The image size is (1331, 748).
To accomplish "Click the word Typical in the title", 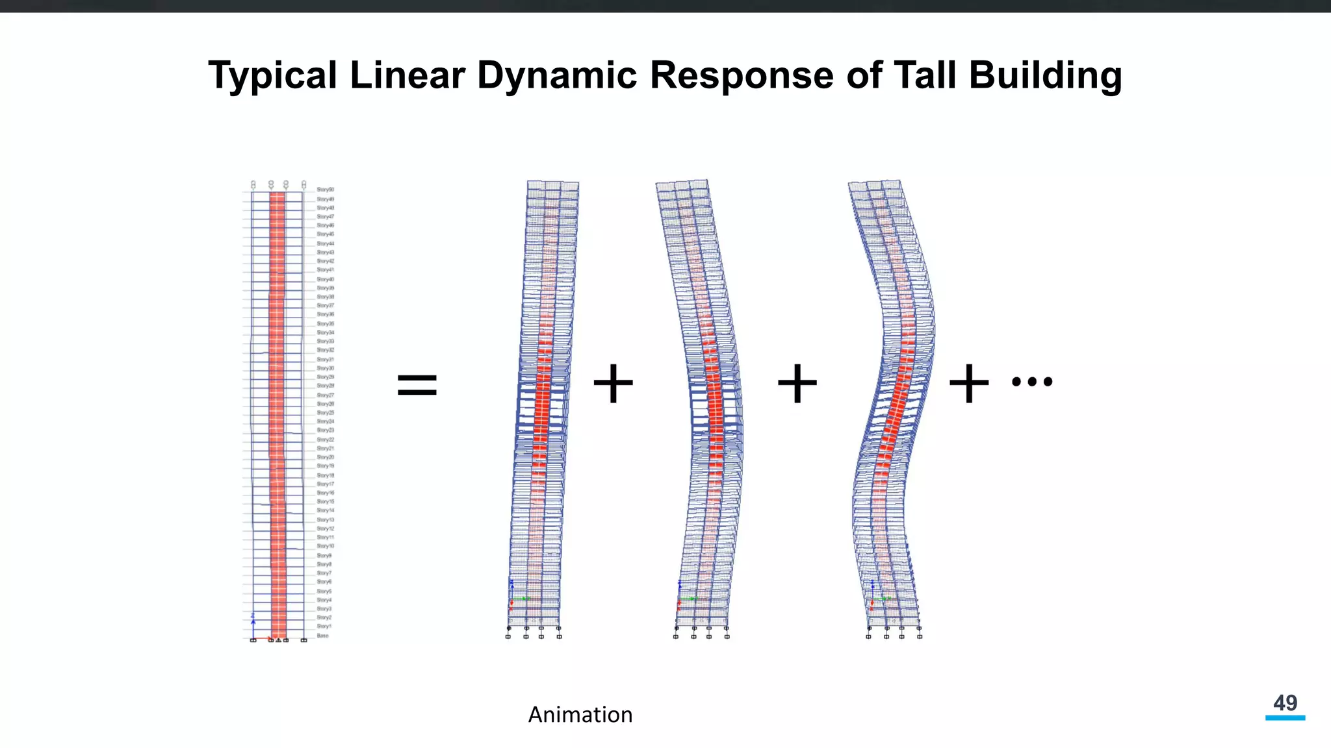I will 272,75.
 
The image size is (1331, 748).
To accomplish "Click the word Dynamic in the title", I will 557,75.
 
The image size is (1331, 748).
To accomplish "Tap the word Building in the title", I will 1045,75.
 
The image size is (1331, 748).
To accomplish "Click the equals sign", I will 417,384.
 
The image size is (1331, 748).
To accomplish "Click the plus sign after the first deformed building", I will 613,384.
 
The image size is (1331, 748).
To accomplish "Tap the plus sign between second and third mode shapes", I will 797,384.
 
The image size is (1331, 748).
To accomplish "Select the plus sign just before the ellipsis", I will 968,384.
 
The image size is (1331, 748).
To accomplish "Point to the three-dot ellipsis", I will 1032,382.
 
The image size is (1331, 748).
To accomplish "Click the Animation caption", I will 580,715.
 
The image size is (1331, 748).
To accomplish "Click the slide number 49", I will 1285,703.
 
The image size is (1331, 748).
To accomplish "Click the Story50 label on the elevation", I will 325,190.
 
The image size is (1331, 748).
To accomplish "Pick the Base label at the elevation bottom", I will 322,636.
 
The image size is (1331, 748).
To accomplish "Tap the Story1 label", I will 324,627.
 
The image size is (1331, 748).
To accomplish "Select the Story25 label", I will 325,412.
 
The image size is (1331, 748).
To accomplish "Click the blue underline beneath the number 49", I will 1285,717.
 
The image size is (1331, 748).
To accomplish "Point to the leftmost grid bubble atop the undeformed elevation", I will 253,185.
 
